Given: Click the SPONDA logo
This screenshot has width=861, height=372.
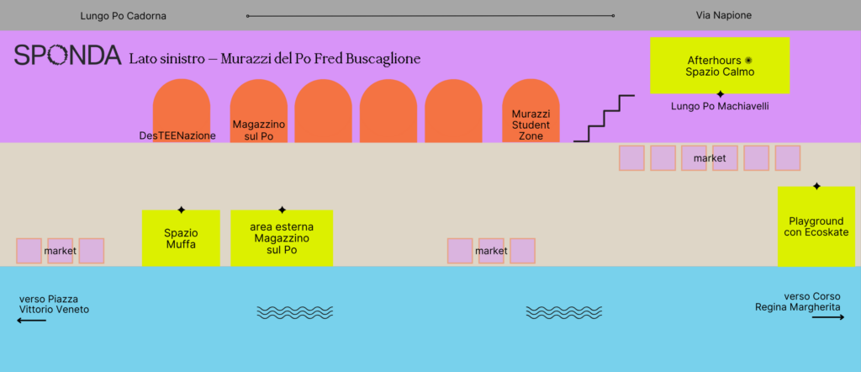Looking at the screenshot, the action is (67, 56).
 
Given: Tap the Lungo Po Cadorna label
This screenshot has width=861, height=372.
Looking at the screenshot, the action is (123, 17).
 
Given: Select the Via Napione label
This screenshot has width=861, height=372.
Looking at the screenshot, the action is (724, 15).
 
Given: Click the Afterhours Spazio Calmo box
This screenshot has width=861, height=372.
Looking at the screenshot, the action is (720, 66).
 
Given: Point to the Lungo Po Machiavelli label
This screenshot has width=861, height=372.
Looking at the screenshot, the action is (720, 107).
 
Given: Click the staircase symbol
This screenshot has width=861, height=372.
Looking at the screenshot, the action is (604, 119).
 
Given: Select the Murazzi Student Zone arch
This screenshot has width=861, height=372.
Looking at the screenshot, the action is (531, 111).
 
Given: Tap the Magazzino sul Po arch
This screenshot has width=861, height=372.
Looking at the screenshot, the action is (259, 111).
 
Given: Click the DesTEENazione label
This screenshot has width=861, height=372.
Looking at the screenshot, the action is (177, 136).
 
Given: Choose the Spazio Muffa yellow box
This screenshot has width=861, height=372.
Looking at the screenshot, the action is (182, 238).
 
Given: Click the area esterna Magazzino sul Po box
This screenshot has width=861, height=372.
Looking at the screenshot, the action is (282, 238).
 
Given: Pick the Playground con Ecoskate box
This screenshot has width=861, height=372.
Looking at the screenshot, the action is (816, 226).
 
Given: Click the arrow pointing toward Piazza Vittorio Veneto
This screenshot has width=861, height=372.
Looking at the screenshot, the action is (31, 321).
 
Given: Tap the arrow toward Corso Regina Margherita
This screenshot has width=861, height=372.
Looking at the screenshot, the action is (828, 317).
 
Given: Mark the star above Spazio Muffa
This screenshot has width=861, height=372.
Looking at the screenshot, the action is (182, 210).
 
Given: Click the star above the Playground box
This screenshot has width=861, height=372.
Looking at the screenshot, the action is (816, 187).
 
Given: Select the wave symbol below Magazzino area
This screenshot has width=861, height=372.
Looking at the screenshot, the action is (295, 312).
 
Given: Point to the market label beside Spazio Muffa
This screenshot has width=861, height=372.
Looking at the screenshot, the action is (61, 251).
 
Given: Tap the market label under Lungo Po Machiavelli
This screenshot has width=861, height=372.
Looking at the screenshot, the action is (710, 159).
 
